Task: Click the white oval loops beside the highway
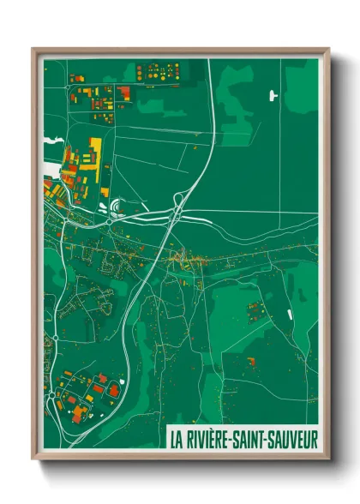(x=114, y=207)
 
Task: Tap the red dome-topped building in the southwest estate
(x=102, y=377)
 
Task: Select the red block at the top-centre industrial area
(x=125, y=91)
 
